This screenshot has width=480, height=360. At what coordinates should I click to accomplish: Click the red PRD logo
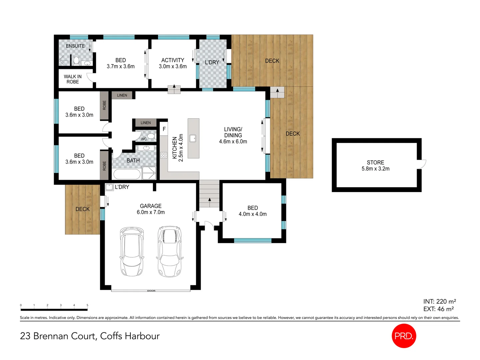point(404,336)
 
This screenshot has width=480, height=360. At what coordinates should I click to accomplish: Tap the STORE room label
point(375,165)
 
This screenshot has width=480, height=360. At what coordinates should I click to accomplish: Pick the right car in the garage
point(169,251)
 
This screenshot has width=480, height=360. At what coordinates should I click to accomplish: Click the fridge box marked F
point(164,129)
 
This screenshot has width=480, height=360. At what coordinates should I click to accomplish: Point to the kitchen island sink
point(193,138)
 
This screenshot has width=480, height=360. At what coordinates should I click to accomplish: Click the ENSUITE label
point(75,46)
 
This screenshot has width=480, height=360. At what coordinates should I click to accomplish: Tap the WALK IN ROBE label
point(73,79)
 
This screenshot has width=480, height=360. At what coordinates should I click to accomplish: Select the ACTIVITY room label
point(173,63)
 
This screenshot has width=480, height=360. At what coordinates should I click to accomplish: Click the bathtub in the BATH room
point(127,174)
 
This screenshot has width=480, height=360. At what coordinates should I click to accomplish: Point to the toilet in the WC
point(151,136)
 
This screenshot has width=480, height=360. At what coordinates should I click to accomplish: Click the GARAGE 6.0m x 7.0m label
point(151,209)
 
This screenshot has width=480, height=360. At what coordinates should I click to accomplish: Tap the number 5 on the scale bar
point(87,305)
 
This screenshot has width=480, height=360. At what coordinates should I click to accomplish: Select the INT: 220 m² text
point(439,301)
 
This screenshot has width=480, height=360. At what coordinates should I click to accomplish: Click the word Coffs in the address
point(111,336)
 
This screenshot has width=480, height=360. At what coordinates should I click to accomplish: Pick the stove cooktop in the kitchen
point(164,155)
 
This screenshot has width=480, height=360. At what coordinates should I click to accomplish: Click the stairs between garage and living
point(209,194)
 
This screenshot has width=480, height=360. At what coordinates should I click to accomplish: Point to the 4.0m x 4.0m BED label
point(253,211)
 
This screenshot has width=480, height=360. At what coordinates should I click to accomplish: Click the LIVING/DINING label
point(233,135)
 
